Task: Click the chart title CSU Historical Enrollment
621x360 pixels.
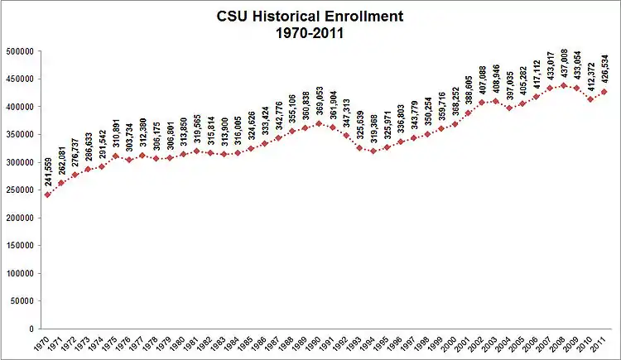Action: click(310, 16)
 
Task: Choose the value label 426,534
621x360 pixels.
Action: click(604, 69)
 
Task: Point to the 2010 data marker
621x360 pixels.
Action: click(591, 99)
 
